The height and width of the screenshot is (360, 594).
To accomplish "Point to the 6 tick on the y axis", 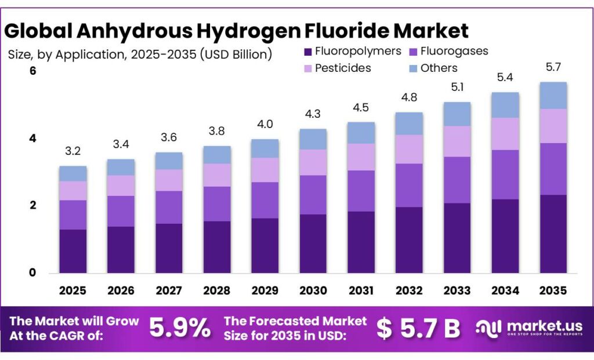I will point(32,71).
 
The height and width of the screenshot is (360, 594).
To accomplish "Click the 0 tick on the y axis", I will point(32,272).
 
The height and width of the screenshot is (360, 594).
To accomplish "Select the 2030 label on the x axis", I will point(313,290).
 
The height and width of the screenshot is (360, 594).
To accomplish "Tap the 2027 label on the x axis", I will point(169,290).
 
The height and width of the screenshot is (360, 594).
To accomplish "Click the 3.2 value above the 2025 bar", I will point(73,151).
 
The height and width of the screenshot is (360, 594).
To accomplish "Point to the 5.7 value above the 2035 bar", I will point(553,67).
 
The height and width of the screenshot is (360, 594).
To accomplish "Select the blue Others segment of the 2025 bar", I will point(73,173).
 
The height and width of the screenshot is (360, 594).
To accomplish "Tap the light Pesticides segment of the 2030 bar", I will point(313,162).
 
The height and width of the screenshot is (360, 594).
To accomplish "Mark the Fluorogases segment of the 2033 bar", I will point(457,180).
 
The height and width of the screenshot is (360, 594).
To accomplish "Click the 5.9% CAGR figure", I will point(180,329).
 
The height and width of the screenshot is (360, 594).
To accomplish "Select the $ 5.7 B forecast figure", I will point(418,329).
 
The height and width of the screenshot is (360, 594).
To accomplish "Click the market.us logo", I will point(528,329).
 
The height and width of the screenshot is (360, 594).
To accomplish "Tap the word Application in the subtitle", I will point(90,55).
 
